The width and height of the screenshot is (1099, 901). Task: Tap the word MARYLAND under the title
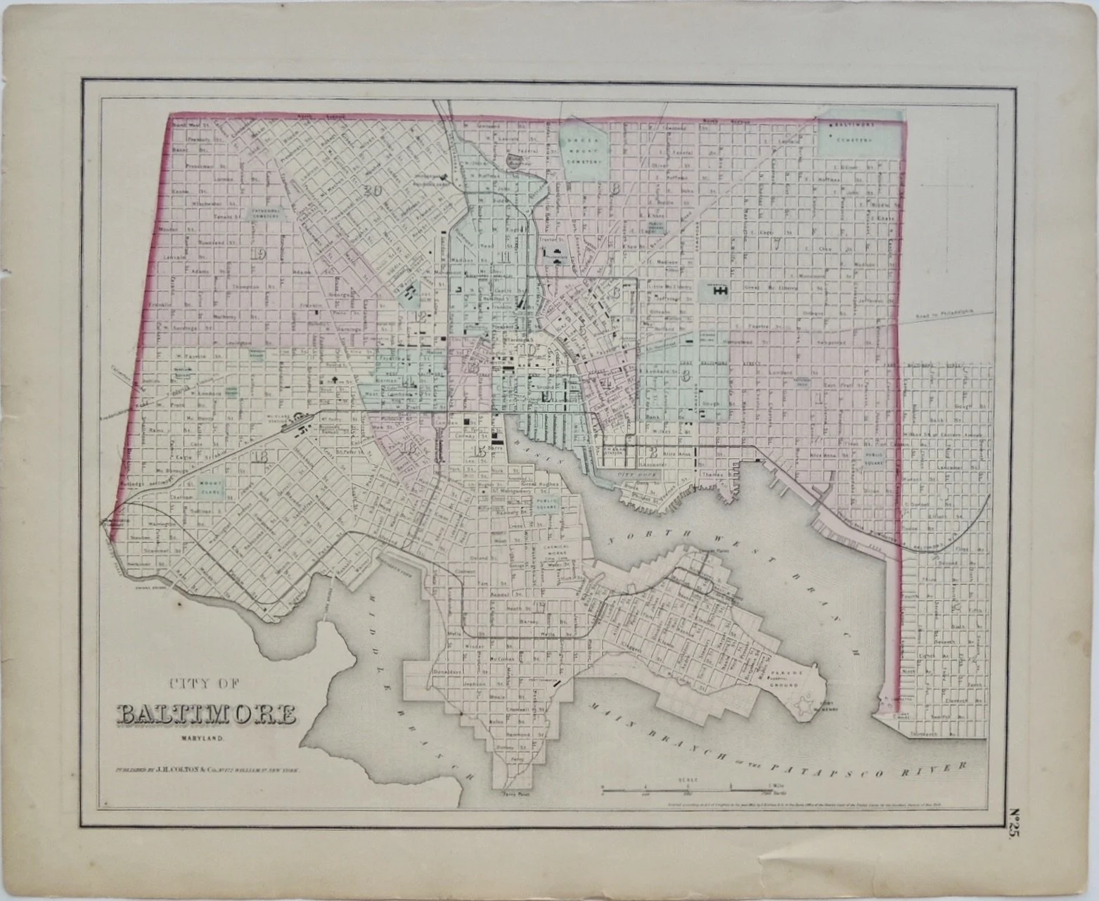[200, 738]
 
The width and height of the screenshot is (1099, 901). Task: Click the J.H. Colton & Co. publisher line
[207, 770]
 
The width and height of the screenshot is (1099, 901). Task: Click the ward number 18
[262, 457]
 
